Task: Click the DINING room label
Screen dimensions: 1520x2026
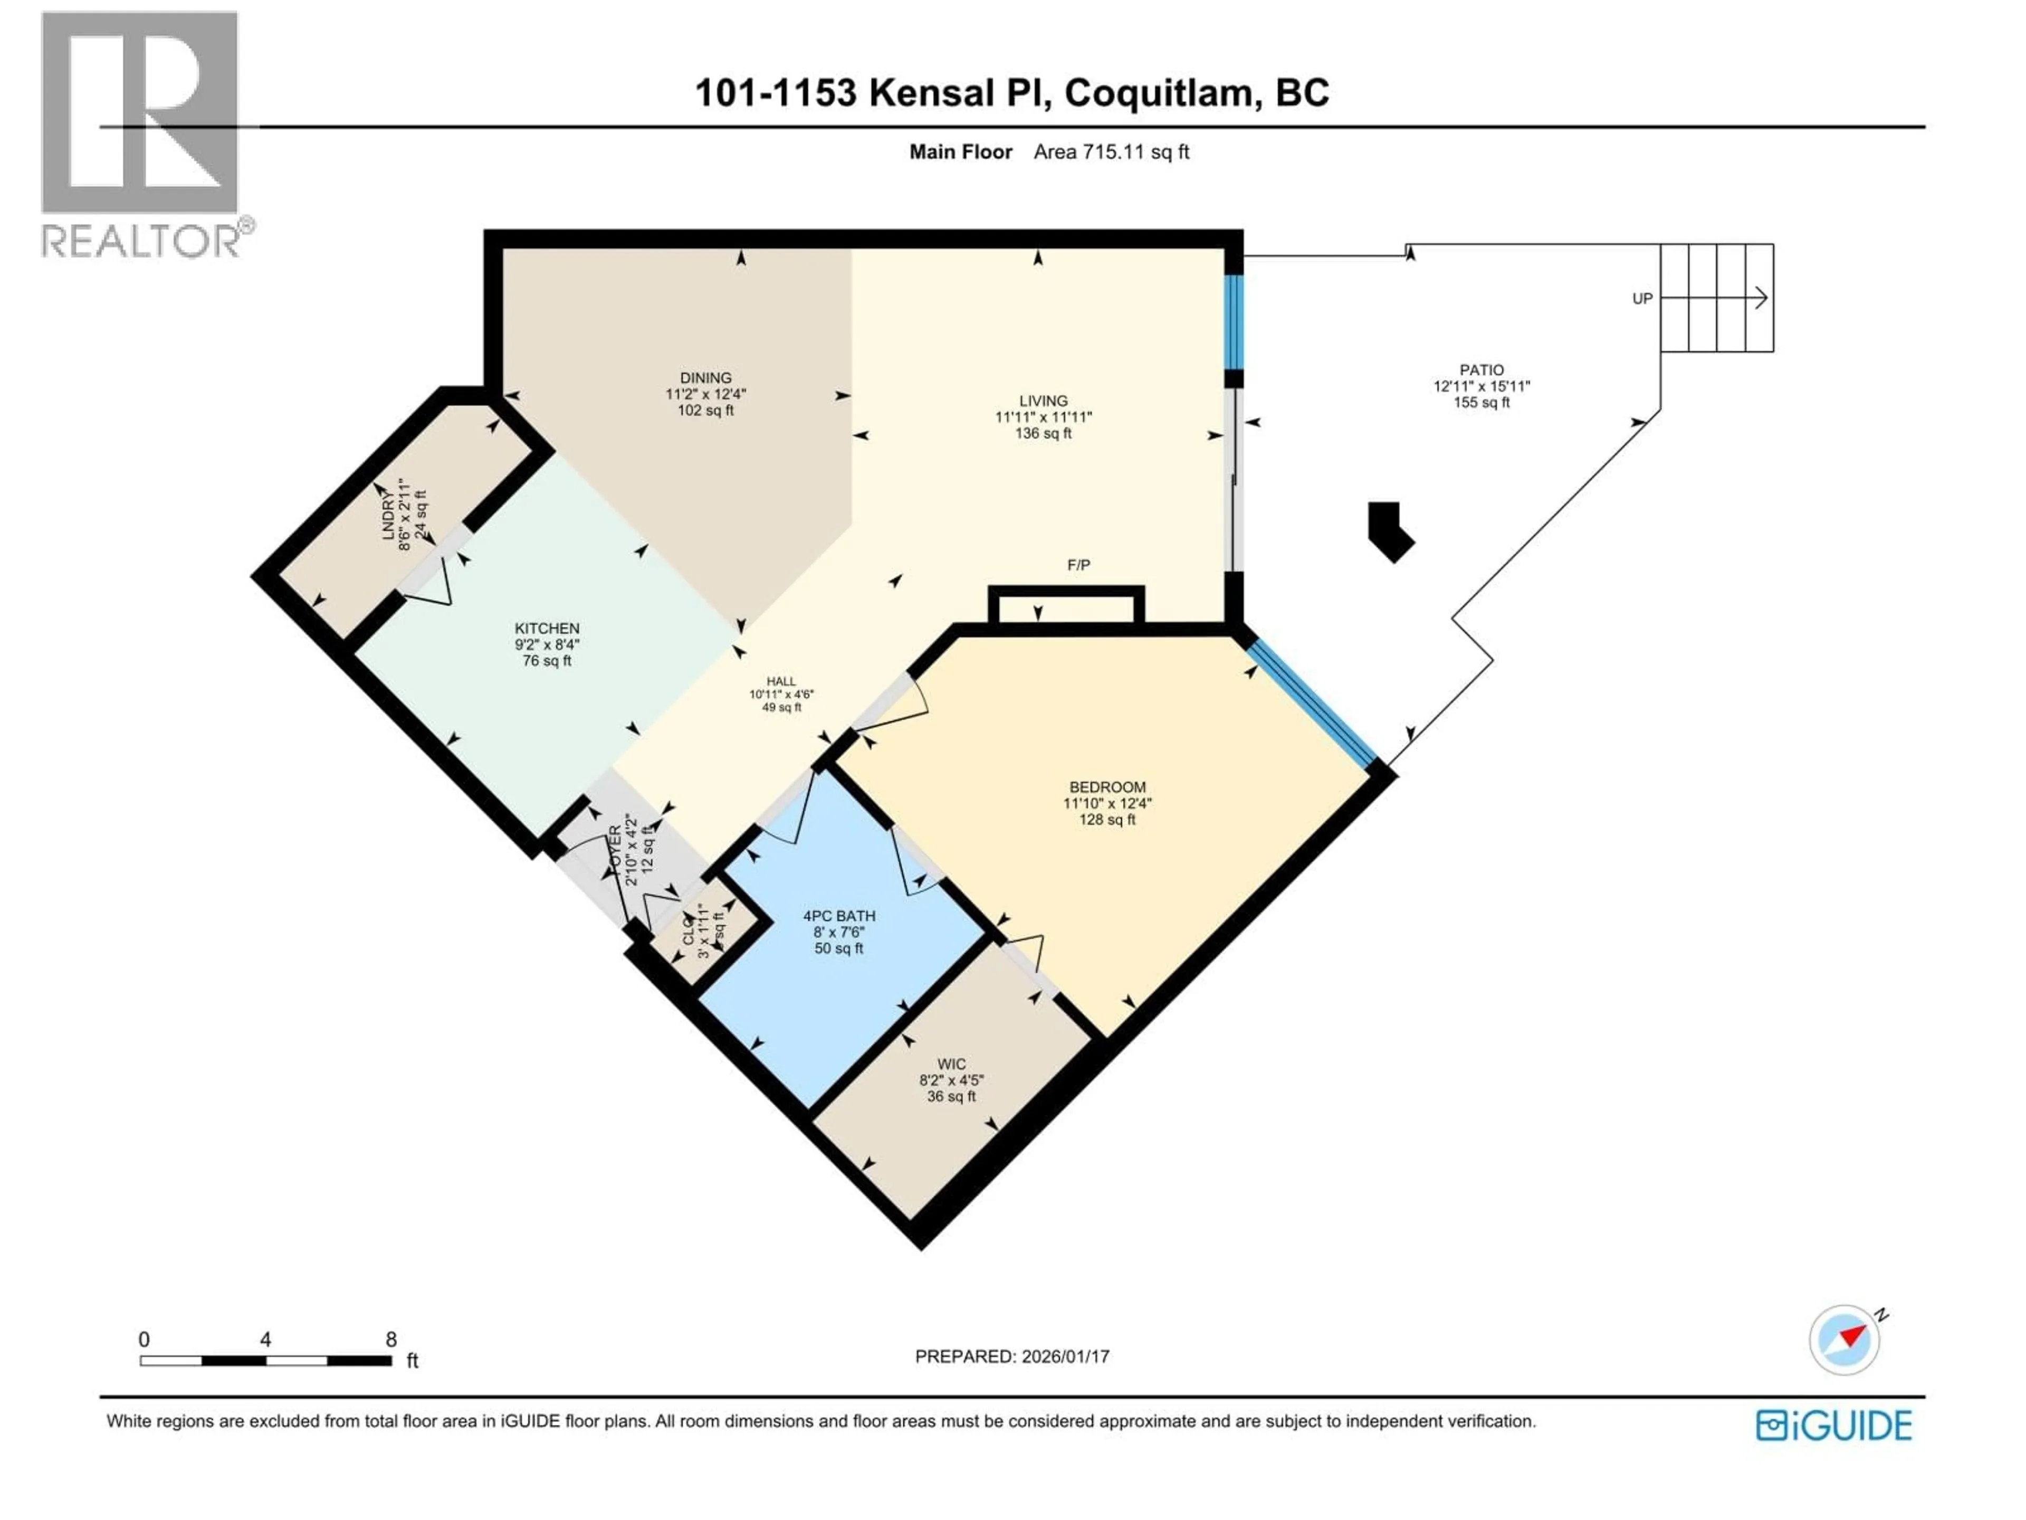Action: pos(705,377)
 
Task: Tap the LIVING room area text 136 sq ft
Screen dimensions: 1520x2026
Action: pos(1043,433)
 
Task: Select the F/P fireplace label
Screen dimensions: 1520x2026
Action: pos(1078,565)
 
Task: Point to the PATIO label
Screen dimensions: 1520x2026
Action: pos(1481,370)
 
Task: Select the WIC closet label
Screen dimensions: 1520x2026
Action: pos(951,1063)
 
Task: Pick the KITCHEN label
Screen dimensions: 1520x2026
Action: pos(547,629)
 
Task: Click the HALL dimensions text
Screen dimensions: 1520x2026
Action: pos(781,695)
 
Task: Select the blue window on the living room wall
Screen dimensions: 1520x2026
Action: pos(1234,321)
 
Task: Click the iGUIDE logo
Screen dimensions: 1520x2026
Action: pos(1833,1426)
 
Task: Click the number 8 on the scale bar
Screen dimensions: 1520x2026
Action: pos(391,1339)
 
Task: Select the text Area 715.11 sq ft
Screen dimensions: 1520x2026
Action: pos(1111,152)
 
